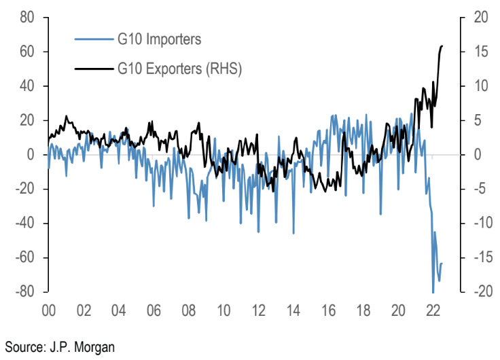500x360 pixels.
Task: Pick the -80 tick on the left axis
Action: coord(24,292)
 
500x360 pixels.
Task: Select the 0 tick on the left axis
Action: coord(31,155)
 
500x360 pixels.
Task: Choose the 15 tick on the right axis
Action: coord(480,52)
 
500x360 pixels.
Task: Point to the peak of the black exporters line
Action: coord(442,46)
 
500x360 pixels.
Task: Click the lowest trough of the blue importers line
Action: coord(433,292)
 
